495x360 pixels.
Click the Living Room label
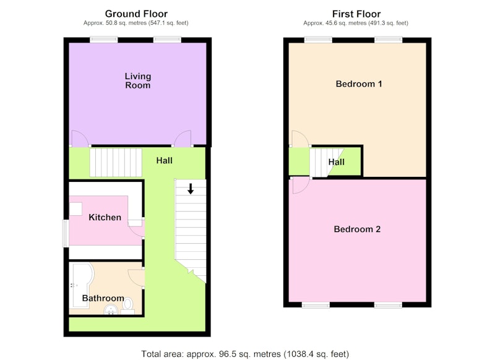coord(137,81)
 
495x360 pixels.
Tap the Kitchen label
coord(105,217)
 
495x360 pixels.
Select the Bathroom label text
coord(103,298)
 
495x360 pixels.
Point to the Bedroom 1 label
coord(359,84)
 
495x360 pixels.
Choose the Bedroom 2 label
coord(357,229)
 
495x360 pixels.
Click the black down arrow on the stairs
coord(191,189)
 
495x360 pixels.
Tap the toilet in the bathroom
coord(127,306)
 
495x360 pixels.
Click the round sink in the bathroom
coord(111,310)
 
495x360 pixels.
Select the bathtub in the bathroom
coord(82,285)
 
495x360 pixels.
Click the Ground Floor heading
coord(136,14)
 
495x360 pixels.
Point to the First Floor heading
coord(356,14)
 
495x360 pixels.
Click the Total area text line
coord(245,354)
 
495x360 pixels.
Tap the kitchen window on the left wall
coord(66,233)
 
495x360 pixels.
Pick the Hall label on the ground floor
coord(164,161)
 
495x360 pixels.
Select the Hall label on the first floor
coord(336,162)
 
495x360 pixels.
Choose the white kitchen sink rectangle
coord(75,209)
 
